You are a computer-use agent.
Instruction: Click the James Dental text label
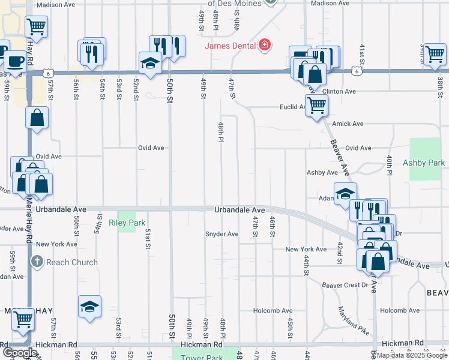(230, 46)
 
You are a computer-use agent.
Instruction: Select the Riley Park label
(127, 223)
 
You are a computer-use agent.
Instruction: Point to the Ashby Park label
(424, 163)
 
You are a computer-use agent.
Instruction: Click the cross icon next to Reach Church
(37, 262)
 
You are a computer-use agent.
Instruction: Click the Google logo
(19, 353)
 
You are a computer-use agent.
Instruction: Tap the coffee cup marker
(14, 61)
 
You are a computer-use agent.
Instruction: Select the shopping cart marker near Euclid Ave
(316, 106)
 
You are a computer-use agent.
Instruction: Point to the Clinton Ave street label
(340, 92)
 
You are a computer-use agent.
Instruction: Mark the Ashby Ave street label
(322, 172)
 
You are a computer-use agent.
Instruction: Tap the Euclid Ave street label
(297, 108)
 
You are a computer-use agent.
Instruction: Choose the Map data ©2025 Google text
(412, 355)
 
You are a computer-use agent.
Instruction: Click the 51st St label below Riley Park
(148, 239)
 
